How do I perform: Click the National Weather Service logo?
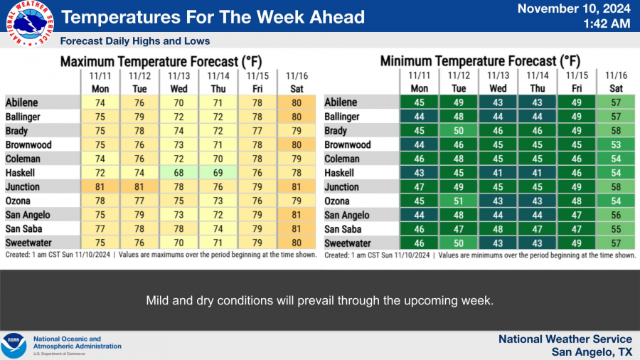pyautogui.click(x=30, y=23)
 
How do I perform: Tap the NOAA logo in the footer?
pyautogui.click(x=14, y=346)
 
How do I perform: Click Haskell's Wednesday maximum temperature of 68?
pyautogui.click(x=178, y=173)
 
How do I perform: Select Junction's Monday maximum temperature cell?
pyautogui.click(x=100, y=187)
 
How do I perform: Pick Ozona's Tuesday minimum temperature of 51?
pyautogui.click(x=459, y=201)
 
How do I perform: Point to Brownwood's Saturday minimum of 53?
pyautogui.click(x=616, y=145)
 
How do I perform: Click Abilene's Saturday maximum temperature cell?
pyautogui.click(x=297, y=102)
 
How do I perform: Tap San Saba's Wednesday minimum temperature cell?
pyautogui.click(x=498, y=229)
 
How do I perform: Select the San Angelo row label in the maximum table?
pyautogui.click(x=28, y=215)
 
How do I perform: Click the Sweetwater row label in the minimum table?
pyautogui.click(x=347, y=243)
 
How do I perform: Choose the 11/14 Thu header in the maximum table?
pyautogui.click(x=218, y=82)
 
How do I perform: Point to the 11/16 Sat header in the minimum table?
pyautogui.click(x=616, y=82)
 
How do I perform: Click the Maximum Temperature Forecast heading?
pyautogui.click(x=161, y=62)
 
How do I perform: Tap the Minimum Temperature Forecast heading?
pyautogui.click(x=480, y=61)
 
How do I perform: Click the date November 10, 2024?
pyautogui.click(x=574, y=9)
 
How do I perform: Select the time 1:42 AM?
pyautogui.click(x=607, y=23)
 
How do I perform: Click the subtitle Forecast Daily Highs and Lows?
pyautogui.click(x=135, y=41)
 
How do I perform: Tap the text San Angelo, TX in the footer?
pyautogui.click(x=592, y=351)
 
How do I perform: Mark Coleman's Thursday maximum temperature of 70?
pyautogui.click(x=218, y=159)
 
